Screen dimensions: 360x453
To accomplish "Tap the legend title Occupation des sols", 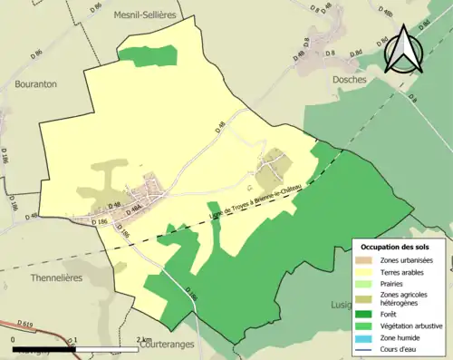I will (x=395, y=247).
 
